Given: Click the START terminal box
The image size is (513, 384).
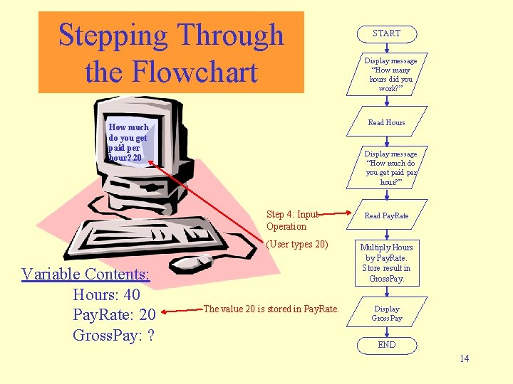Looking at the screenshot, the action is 386,33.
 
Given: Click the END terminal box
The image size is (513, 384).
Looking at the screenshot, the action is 386,345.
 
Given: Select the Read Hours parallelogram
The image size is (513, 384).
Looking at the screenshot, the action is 386,122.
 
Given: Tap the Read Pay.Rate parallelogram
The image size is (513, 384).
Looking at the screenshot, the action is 386,215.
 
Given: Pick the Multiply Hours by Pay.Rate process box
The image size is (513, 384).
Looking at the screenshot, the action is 386,263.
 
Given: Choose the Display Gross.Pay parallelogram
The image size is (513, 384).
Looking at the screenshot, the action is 386,314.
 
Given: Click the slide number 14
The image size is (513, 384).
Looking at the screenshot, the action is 464,358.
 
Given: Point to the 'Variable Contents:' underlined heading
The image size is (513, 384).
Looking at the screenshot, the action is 85,274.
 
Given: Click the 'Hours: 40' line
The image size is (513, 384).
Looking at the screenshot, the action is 106,294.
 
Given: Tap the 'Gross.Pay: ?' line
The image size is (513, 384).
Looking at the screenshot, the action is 114,335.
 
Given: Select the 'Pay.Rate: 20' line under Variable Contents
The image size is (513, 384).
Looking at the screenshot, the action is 114,315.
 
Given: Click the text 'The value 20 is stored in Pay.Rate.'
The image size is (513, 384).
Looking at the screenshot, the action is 271,309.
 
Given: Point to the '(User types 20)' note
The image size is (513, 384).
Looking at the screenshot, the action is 297,245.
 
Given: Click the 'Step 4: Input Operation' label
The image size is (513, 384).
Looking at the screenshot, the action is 291,220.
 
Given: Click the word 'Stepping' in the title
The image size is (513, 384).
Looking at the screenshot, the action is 114,35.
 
